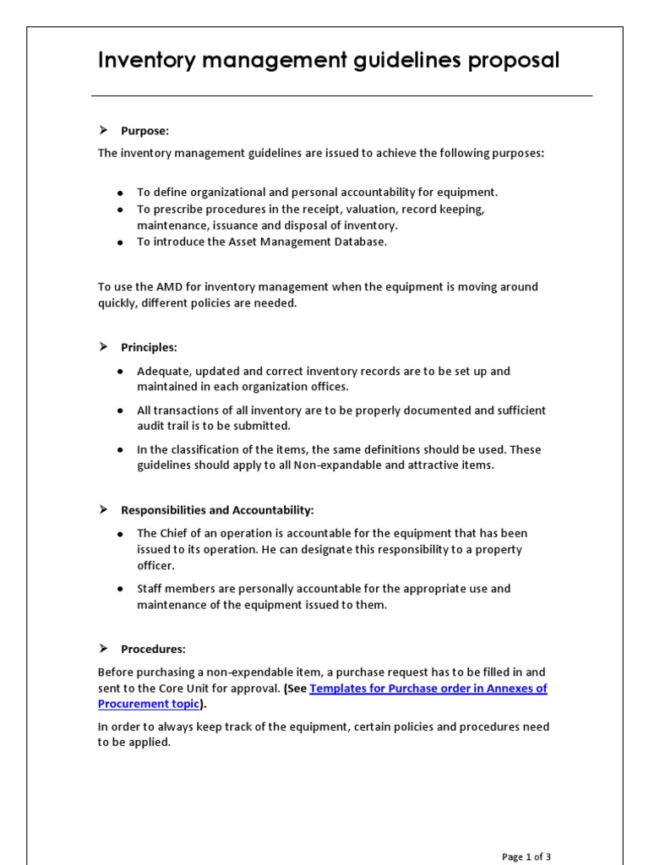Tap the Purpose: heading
[145, 131]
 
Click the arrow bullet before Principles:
[103, 347]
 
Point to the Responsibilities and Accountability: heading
[217, 510]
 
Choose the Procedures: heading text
[153, 649]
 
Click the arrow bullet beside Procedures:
[103, 649]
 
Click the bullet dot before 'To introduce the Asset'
[121, 242]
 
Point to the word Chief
[176, 534]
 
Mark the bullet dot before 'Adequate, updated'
[121, 372]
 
